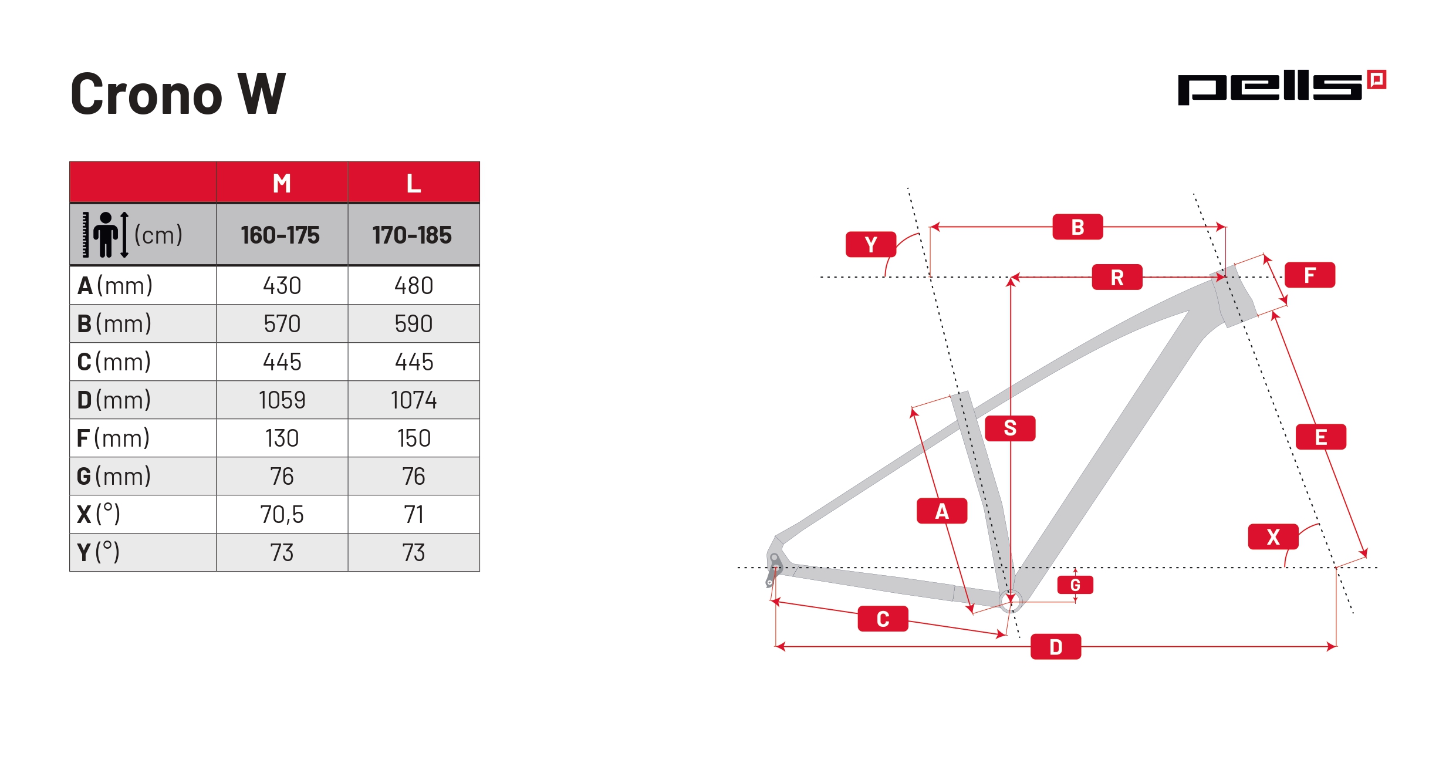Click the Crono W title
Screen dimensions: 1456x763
tap(178, 93)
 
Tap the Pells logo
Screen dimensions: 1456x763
tap(1282, 87)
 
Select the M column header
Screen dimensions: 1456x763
tap(282, 183)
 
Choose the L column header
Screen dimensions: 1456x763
tap(414, 183)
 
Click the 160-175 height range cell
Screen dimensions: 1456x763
tap(281, 235)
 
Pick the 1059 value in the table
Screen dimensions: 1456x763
tap(282, 400)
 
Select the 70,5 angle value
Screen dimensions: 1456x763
tap(282, 515)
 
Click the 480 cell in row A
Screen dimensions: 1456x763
tap(414, 286)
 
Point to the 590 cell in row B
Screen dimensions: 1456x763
tap(414, 324)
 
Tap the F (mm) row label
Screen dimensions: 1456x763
tap(113, 438)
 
